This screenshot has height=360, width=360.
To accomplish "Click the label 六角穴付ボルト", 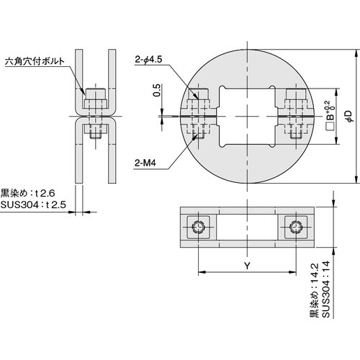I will click(33, 62).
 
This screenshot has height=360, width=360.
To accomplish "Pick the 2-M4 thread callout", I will click(146, 163).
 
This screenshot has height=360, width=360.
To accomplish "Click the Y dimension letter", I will click(246, 266).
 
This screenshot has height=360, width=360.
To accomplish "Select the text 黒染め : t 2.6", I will click(26, 194).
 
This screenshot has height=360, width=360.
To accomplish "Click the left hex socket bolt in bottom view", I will click(199, 228).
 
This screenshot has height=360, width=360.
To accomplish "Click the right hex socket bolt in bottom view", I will click(294, 228).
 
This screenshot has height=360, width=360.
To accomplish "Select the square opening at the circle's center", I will click(247, 116).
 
